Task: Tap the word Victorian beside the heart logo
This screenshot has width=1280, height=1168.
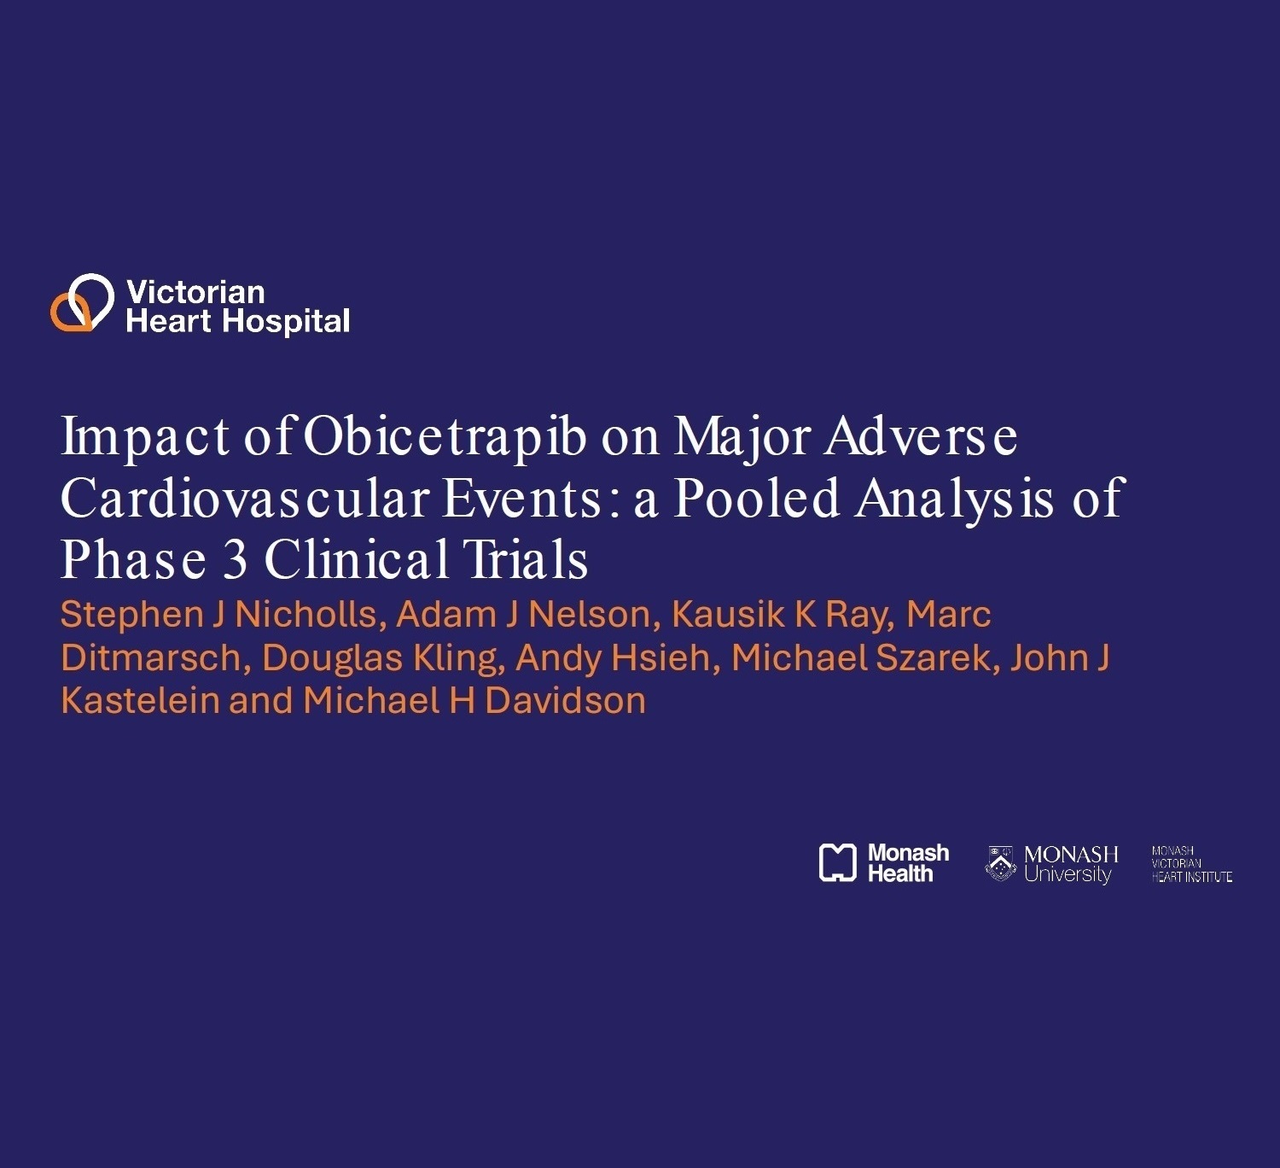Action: (x=195, y=293)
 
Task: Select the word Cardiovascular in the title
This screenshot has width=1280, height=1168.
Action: (x=245, y=499)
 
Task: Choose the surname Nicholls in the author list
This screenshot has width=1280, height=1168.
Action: (x=311, y=615)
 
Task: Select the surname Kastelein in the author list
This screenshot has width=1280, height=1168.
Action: (x=141, y=701)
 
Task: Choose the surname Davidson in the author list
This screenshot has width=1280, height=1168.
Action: (x=566, y=701)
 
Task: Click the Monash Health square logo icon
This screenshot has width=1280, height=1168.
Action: (x=837, y=862)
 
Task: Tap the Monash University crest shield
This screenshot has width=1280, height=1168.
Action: (x=1000, y=863)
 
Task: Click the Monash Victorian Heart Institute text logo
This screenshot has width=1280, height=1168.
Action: (x=1191, y=864)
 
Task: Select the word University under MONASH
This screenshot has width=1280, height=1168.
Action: (x=1068, y=874)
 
